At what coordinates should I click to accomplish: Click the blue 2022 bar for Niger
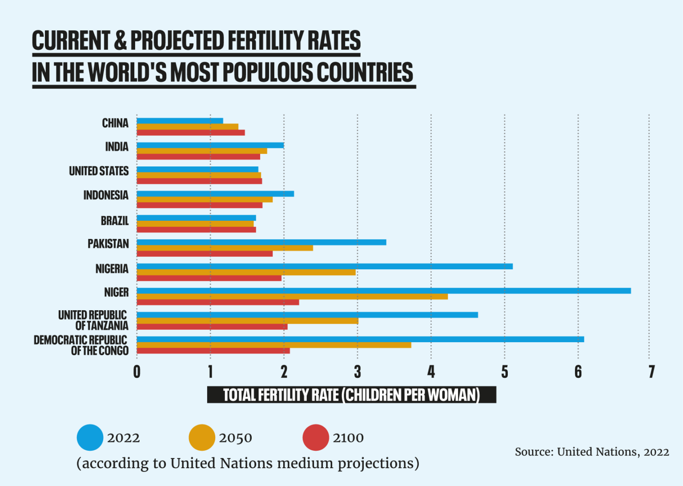pos(383,291)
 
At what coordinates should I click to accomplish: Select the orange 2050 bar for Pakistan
pos(225,248)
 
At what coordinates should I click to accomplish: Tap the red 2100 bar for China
pos(190,133)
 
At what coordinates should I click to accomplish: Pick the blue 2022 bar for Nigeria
pos(325,267)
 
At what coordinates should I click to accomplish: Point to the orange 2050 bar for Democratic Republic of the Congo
pos(273,345)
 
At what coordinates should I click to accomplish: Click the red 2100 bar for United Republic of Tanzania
pos(212,327)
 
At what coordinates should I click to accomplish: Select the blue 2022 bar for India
pos(210,145)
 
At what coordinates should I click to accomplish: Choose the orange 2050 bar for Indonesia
pos(205,199)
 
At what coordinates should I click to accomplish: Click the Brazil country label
pos(114,221)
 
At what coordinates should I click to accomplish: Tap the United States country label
pos(99,171)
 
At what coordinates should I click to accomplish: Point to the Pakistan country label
pos(108,244)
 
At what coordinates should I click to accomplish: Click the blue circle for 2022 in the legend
pos(90,437)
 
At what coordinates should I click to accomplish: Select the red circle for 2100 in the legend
pos(315,437)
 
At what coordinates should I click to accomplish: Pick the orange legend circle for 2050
pos(202,437)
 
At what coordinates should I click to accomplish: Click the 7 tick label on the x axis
pos(651,372)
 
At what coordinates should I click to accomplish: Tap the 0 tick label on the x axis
pos(137,372)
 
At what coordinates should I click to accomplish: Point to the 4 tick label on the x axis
pos(431,372)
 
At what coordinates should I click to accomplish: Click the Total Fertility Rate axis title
pos(351,395)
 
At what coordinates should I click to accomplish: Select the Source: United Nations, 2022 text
pos(592,452)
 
